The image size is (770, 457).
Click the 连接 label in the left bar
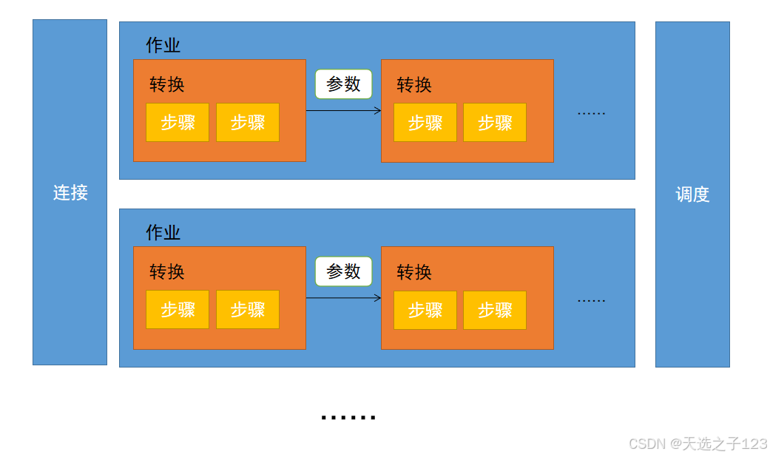click(70, 193)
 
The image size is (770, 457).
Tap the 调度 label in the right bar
click(692, 194)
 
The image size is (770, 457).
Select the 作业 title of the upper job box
click(163, 45)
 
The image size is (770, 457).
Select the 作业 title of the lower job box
click(163, 233)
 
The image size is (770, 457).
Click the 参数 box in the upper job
click(343, 84)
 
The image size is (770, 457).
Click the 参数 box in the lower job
click(343, 271)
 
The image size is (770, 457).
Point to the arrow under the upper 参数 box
click(343, 111)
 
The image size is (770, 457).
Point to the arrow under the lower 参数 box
click(343, 298)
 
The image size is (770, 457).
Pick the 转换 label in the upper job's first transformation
click(167, 84)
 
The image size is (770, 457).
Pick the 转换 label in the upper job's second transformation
click(414, 85)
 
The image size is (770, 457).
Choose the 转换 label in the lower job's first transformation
click(167, 272)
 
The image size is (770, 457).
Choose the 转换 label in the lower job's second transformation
click(414, 272)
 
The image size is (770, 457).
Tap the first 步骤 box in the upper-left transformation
click(178, 122)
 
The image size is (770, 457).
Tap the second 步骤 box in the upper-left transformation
click(248, 122)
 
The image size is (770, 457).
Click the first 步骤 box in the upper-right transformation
click(425, 123)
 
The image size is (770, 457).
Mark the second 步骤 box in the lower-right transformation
click(495, 310)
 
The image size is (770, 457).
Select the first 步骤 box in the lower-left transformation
click(178, 310)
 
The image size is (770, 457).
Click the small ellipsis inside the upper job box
click(591, 113)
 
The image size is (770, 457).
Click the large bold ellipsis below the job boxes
click(348, 418)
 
